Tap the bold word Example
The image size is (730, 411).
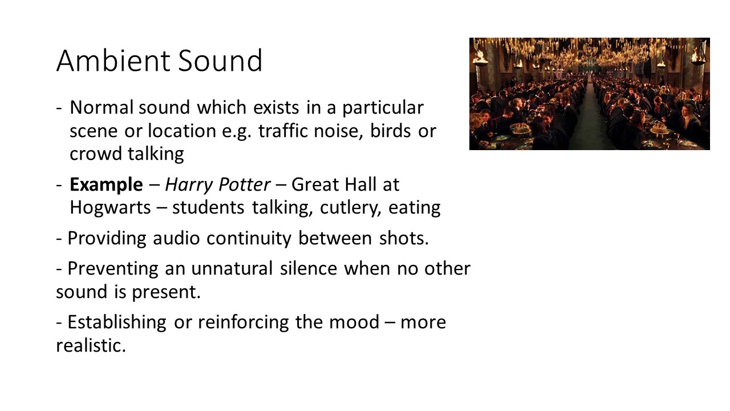pos(106,185)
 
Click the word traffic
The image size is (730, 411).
pos(283,131)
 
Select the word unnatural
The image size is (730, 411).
pos(233,268)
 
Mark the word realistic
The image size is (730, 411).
pos(90,345)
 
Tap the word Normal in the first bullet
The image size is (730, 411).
pos(101,107)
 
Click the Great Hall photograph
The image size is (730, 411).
pos(589,94)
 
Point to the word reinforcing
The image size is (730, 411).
pos(244,322)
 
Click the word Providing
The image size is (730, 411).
pos(107,238)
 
